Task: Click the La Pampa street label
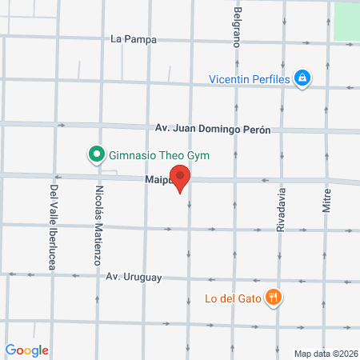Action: pyautogui.click(x=134, y=38)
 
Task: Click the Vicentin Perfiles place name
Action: pyautogui.click(x=249, y=78)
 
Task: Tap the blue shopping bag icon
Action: pyautogui.click(x=302, y=78)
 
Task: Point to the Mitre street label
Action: pyautogui.click(x=326, y=195)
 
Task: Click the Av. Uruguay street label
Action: pyautogui.click(x=134, y=278)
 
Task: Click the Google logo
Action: pyautogui.click(x=27, y=350)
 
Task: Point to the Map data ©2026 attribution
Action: pyautogui.click(x=325, y=353)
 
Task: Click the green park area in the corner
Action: pyautogui.click(x=346, y=22)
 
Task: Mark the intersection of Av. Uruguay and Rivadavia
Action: pyautogui.click(x=280, y=281)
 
